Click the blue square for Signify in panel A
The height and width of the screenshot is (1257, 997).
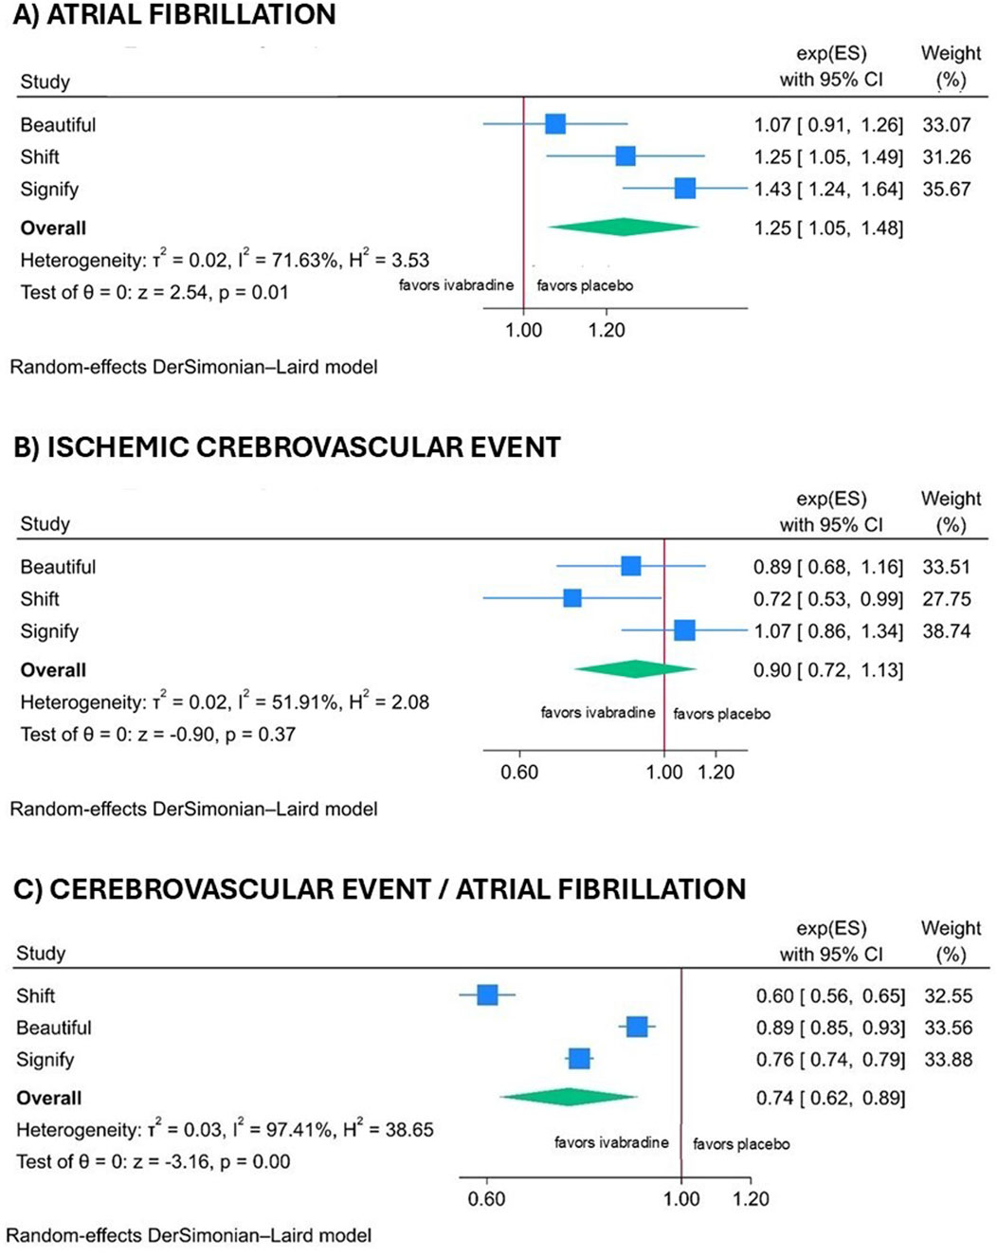[684, 189]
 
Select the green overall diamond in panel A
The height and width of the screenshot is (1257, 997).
[623, 227]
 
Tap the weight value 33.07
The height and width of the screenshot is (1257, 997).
[946, 124]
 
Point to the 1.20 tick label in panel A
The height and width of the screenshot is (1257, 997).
[607, 330]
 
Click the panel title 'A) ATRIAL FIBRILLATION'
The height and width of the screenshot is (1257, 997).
[174, 15]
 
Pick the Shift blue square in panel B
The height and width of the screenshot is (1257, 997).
[571, 598]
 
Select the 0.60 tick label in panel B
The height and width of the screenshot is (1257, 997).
[519, 772]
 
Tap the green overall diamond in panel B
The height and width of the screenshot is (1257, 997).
[634, 669]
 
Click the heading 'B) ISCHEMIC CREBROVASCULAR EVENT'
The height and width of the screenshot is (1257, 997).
[286, 447]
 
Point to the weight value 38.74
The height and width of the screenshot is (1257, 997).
[946, 630]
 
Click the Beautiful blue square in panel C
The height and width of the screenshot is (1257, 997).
[637, 1027]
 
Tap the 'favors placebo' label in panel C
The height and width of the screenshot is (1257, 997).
[741, 1144]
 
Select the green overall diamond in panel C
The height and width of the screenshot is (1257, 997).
[568, 1097]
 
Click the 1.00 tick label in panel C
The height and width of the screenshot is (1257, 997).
[680, 1198]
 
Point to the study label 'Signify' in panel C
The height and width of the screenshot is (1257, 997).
[45, 1059]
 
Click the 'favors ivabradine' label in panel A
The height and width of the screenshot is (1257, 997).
[456, 285]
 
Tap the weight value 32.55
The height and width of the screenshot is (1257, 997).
[948, 995]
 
